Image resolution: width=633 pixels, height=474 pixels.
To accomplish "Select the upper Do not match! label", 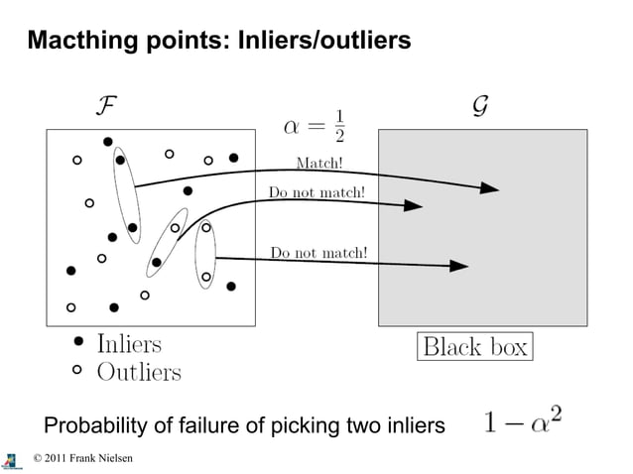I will coord(317,191).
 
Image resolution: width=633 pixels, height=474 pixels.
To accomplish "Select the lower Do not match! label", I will coord(319,252).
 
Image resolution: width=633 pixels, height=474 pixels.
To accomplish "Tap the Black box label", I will coord(475,347).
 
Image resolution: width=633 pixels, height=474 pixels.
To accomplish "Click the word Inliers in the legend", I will coord(129,344).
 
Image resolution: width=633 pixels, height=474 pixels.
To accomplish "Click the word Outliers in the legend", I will coord(139,372).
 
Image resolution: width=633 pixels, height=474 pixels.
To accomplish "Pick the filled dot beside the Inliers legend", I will coord(79,344).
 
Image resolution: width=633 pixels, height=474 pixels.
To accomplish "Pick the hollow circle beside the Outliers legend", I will coord(79,372).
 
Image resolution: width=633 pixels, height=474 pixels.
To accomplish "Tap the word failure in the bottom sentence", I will coord(207,426).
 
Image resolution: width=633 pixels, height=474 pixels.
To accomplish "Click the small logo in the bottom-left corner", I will coord(11,461).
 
